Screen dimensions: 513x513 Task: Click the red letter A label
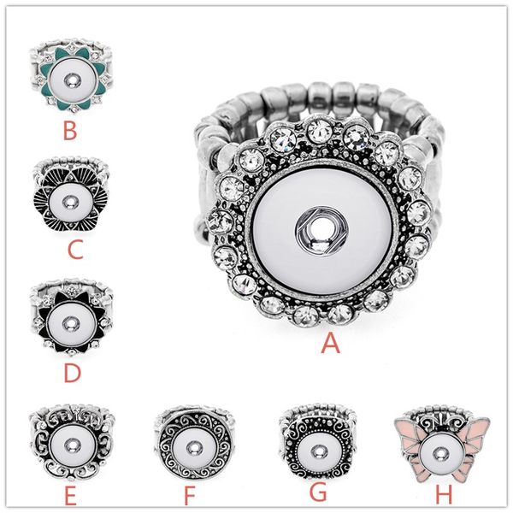tap(330, 344)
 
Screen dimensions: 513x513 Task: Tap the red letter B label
tap(70, 130)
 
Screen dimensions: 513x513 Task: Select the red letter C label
tap(75, 250)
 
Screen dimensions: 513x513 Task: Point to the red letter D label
tap(72, 373)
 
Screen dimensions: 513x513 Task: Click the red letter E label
tap(70, 495)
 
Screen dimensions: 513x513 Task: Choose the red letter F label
tap(190, 495)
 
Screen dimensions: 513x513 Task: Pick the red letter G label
tap(318, 492)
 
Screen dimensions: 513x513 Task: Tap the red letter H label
tap(444, 494)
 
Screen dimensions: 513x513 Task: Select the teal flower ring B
tap(71, 75)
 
